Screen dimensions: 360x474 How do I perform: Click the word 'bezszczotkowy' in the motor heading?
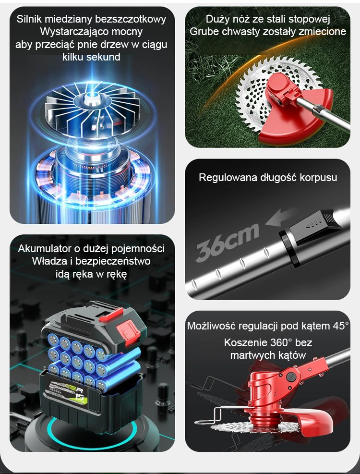click(131, 19)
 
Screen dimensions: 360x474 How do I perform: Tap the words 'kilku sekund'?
click(91, 57)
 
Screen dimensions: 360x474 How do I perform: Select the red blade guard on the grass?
click(298, 121)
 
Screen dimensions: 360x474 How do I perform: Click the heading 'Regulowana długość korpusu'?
click(268, 177)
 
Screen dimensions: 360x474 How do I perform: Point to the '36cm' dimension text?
click(227, 243)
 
